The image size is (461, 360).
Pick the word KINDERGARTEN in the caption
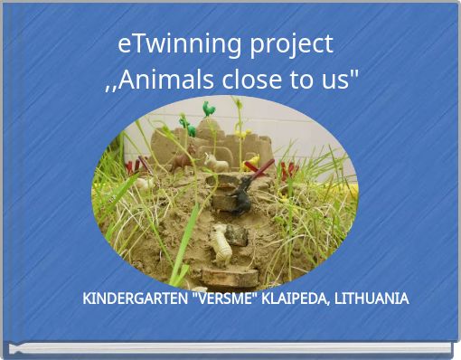pos(135,298)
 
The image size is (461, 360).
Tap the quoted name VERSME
pos(224,298)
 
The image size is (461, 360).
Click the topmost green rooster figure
pos(209,109)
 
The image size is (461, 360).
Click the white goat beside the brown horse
pos(215,162)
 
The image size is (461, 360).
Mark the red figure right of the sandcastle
pos(287,169)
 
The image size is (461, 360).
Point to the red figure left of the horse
pos(137,166)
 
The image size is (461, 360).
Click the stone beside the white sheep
pos(239,235)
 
